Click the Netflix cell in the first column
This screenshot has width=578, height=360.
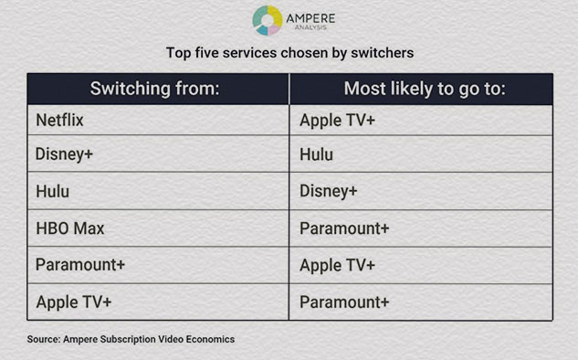(59, 121)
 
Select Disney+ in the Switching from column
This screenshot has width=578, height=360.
(64, 154)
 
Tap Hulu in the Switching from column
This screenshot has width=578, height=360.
(53, 192)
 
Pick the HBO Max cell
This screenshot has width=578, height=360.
(70, 228)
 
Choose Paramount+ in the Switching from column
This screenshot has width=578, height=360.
(80, 265)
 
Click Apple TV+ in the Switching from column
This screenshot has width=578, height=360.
(74, 302)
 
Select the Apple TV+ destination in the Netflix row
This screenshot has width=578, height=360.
(337, 121)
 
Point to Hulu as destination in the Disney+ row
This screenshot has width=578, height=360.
(316, 154)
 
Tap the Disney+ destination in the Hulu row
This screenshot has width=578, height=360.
(329, 192)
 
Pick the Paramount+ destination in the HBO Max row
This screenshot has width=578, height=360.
(344, 228)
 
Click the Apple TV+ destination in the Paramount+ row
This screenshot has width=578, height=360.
(337, 266)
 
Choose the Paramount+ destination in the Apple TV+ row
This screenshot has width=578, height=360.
(344, 302)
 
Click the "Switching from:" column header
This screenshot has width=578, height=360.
(155, 89)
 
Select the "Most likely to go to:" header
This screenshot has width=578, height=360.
(425, 90)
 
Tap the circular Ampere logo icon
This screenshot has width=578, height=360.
(268, 20)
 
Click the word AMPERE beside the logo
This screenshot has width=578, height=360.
(310, 18)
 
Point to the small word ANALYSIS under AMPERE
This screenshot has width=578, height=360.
(310, 27)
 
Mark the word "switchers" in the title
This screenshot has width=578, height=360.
(383, 53)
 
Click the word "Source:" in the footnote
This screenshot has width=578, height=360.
(44, 339)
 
